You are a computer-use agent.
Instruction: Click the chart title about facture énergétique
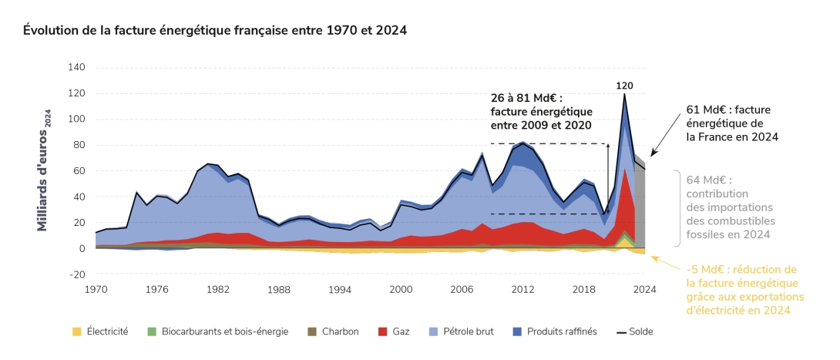click(215, 30)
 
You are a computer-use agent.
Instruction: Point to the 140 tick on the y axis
click(76, 68)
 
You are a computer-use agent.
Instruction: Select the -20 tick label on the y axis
click(76, 274)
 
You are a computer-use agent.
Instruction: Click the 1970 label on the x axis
click(95, 289)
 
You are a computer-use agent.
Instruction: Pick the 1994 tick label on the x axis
click(340, 289)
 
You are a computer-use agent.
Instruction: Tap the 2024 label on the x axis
click(645, 289)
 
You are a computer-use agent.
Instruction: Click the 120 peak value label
click(623, 86)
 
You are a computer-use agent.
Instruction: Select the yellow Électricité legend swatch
click(76, 331)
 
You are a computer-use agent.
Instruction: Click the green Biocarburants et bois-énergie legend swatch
click(152, 331)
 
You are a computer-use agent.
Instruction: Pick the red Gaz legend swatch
click(382, 331)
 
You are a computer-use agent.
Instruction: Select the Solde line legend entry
click(634, 331)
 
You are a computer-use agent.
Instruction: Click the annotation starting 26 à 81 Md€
click(542, 112)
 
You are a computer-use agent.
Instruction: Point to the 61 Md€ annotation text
click(732, 123)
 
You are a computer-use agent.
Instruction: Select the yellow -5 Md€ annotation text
click(745, 289)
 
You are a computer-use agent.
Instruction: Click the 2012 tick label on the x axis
click(522, 289)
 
